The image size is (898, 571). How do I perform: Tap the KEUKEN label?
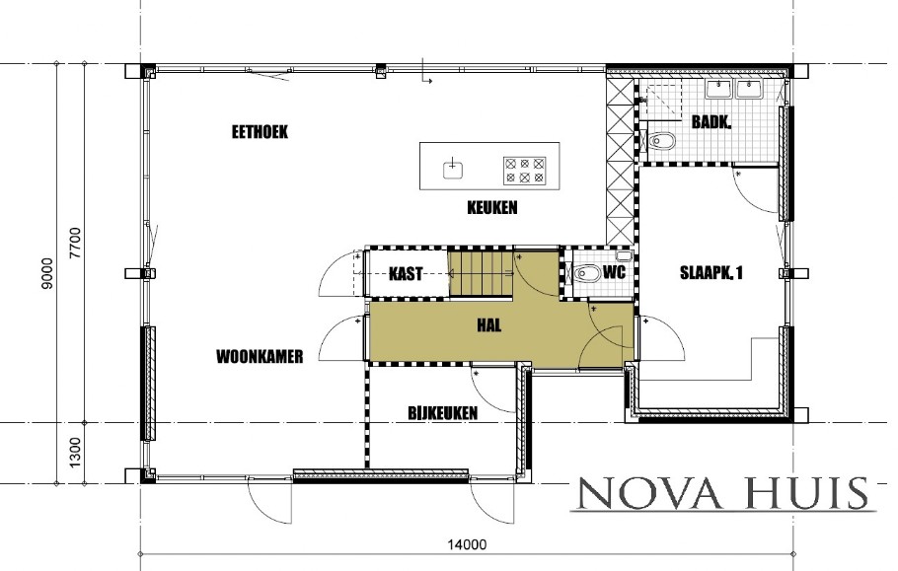point(492,208)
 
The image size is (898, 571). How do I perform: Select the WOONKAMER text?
point(259,356)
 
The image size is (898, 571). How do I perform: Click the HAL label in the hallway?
point(487,324)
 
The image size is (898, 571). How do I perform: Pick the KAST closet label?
point(407,274)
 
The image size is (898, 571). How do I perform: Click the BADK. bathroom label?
point(711,123)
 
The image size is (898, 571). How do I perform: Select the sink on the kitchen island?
point(453,167)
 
